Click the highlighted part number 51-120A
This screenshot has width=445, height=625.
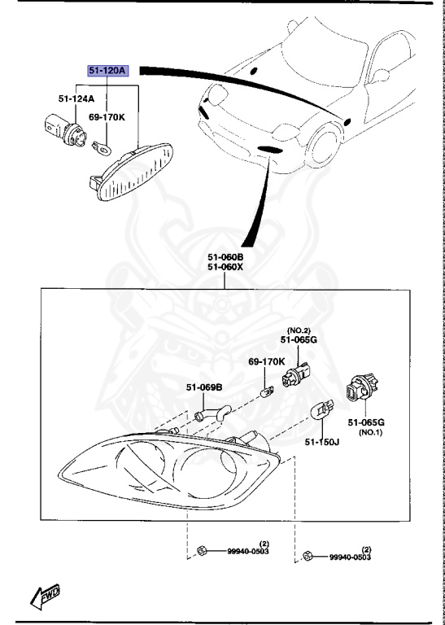[107, 70]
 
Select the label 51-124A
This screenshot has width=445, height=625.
[76, 99]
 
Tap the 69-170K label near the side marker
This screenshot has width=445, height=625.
[106, 117]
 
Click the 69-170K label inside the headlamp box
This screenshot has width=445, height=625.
[266, 361]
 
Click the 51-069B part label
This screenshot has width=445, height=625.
[204, 387]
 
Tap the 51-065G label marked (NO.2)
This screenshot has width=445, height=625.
[299, 341]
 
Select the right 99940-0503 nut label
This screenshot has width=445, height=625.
[350, 557]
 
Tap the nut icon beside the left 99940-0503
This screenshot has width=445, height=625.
[201, 552]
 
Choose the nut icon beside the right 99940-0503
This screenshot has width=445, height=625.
[307, 556]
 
